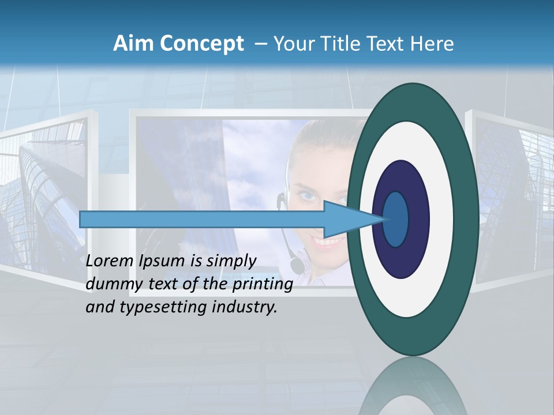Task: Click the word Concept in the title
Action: coord(203,43)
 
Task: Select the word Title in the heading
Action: coord(346,43)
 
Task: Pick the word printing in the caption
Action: coord(263,284)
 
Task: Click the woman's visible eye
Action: coord(309,196)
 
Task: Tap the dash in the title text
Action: coord(260,43)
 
